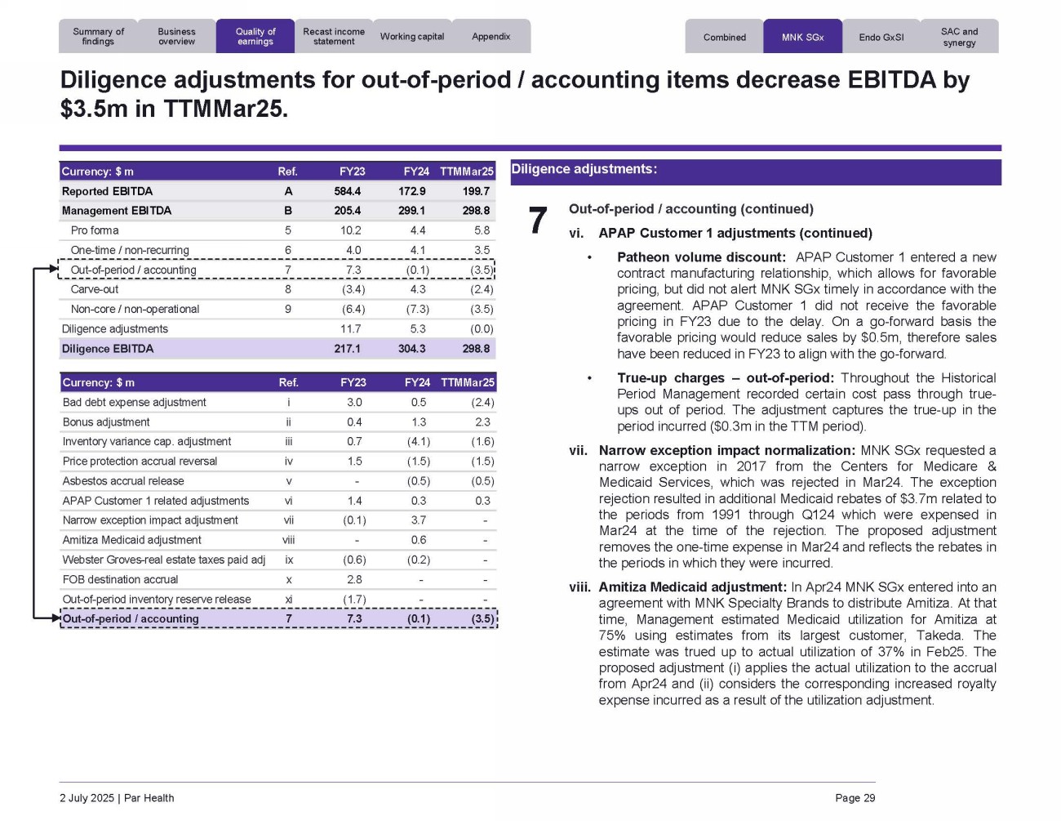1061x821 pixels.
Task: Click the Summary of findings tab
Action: (98, 37)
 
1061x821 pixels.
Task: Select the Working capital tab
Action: (412, 37)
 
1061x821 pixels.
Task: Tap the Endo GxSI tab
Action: (881, 38)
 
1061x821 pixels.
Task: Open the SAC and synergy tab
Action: (959, 38)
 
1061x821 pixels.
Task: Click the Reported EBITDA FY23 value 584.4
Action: (347, 191)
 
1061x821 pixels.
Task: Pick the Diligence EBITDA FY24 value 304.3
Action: (411, 349)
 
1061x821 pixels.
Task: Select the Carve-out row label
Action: (95, 289)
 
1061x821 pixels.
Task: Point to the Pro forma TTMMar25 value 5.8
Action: (482, 230)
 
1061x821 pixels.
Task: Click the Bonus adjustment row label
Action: (106, 422)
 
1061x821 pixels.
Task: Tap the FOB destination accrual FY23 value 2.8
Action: (354, 579)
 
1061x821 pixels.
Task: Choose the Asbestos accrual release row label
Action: (123, 481)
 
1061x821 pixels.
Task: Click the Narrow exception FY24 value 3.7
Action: (418, 520)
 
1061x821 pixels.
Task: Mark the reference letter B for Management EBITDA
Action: (288, 211)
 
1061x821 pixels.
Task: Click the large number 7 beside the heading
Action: (537, 221)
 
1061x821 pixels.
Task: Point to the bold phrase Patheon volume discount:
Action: (701, 257)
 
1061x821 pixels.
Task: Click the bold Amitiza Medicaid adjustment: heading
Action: (692, 587)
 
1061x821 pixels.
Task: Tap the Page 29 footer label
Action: (855, 798)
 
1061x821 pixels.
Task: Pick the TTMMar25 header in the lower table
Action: (467, 382)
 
